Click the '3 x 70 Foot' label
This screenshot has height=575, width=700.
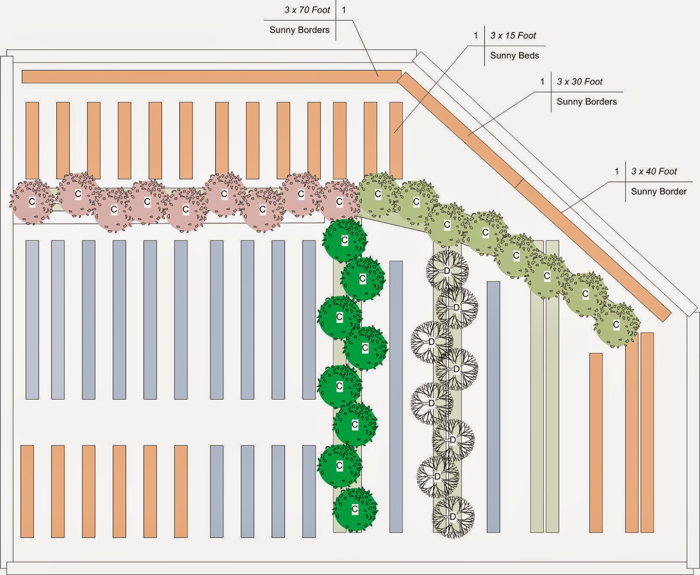click(x=307, y=10)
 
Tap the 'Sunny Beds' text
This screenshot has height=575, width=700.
click(x=514, y=56)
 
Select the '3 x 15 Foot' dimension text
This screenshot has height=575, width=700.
click(x=513, y=36)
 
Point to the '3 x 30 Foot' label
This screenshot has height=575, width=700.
click(x=580, y=82)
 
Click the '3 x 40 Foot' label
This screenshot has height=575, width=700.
click(x=654, y=171)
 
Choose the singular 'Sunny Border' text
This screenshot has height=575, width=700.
click(x=659, y=192)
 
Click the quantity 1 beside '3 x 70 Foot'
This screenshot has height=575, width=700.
click(x=344, y=10)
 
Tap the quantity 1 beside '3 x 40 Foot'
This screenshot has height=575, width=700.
click(x=617, y=171)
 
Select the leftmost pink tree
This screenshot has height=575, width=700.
click(x=32, y=202)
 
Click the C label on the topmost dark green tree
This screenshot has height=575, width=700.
click(x=345, y=240)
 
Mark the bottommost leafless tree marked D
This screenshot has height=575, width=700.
click(x=453, y=516)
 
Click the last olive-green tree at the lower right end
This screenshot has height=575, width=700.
click(x=616, y=325)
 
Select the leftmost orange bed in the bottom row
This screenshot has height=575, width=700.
click(x=27, y=491)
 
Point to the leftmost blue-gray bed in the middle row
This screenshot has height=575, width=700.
click(x=32, y=320)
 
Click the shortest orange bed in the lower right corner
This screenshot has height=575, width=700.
click(x=596, y=443)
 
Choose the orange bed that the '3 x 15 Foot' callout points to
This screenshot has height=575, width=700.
click(x=396, y=140)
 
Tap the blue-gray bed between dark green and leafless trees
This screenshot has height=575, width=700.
click(x=396, y=397)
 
